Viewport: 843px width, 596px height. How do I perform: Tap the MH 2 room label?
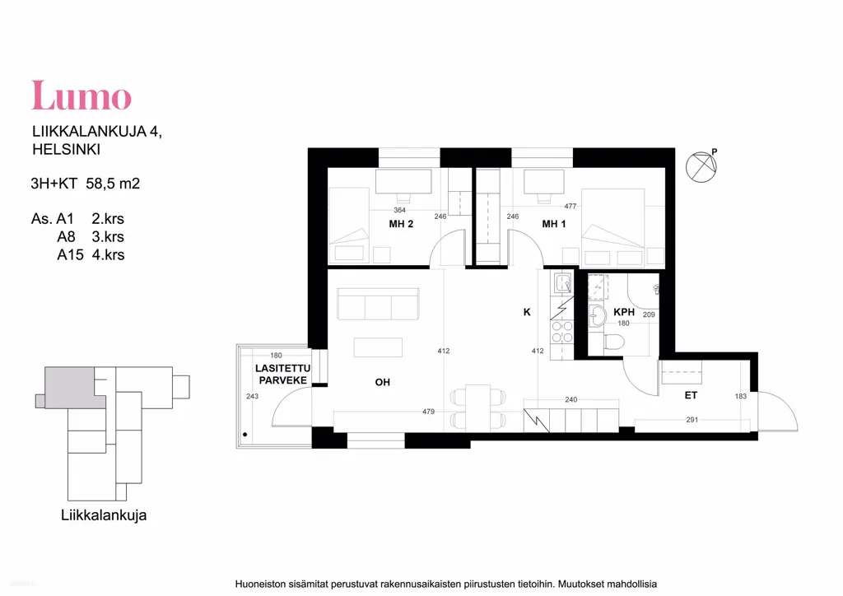[x=401, y=224]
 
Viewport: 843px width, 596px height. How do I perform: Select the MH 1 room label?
[x=554, y=224]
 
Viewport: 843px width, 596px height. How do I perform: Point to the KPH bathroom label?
[x=624, y=312]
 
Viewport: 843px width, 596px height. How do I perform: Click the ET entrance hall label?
[x=691, y=395]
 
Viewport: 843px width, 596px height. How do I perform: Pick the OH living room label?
[x=382, y=382]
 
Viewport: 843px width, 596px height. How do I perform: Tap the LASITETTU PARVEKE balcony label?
[x=282, y=374]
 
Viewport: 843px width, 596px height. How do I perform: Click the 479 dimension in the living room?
[x=428, y=412]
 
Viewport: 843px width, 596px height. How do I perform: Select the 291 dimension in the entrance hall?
[x=692, y=419]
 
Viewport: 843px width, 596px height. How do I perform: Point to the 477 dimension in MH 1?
[x=571, y=206]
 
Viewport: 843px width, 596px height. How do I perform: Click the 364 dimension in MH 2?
[x=399, y=210]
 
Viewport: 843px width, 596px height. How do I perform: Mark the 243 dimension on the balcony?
[x=252, y=396]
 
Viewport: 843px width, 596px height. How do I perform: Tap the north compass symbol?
[x=701, y=166]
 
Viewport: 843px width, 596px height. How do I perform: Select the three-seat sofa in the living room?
[x=378, y=305]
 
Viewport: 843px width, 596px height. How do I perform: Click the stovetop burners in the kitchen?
[x=561, y=332]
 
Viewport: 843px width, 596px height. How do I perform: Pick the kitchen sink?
[x=562, y=282]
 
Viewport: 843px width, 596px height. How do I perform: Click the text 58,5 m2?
[x=113, y=184]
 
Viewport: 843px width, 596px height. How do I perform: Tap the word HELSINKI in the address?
[x=66, y=149]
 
